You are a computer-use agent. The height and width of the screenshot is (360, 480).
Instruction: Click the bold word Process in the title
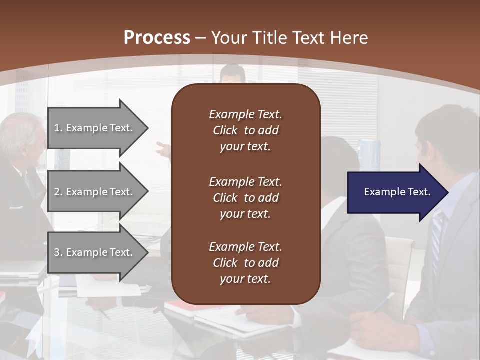[157, 37]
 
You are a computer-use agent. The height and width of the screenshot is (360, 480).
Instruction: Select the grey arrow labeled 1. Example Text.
[95, 128]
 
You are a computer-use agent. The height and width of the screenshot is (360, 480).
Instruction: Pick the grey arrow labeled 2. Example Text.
[95, 192]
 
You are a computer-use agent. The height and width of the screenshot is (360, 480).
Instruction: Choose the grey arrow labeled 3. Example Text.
[95, 252]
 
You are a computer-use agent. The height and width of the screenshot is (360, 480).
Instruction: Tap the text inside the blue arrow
[397, 192]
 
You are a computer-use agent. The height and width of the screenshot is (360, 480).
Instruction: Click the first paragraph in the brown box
[245, 130]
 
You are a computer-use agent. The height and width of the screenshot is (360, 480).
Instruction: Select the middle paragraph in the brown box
[245, 198]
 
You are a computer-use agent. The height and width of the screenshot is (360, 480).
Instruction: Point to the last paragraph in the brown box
[245, 263]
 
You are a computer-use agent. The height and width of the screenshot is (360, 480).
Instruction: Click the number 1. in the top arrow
[58, 128]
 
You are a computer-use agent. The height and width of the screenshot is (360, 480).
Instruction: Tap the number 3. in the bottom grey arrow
[58, 252]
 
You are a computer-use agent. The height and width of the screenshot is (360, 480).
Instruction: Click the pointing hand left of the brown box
[163, 148]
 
